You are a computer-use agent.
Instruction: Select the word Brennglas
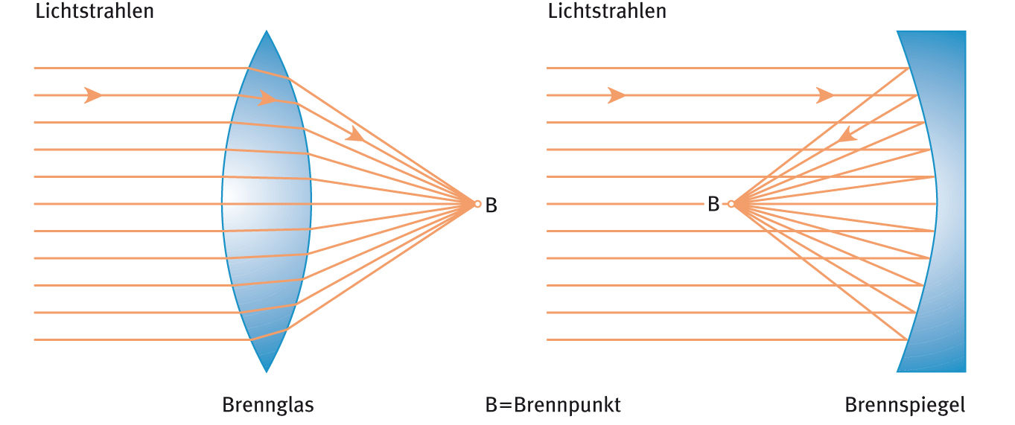tap(267, 405)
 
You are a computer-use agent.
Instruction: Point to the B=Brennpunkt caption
tap(553, 405)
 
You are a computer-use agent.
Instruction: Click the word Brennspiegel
tap(905, 405)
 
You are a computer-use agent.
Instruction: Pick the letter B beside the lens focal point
tap(491, 205)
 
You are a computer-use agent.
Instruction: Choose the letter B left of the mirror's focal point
tap(713, 204)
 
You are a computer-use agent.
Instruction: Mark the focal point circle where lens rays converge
tap(477, 203)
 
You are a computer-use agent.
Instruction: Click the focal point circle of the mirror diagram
tap(731, 203)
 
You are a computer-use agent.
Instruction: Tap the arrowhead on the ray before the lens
tap(93, 95)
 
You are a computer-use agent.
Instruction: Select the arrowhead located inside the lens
tap(267, 98)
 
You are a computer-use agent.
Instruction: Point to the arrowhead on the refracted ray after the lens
tap(355, 134)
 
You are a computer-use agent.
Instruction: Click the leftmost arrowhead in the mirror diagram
tap(616, 95)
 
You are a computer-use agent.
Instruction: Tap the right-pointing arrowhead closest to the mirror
tap(824, 95)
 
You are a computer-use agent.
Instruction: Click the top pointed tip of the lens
tap(266, 31)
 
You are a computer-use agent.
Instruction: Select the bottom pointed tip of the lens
tap(266, 371)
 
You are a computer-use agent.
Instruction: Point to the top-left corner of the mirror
tap(897, 31)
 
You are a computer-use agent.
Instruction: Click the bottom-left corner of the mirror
tap(897, 371)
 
